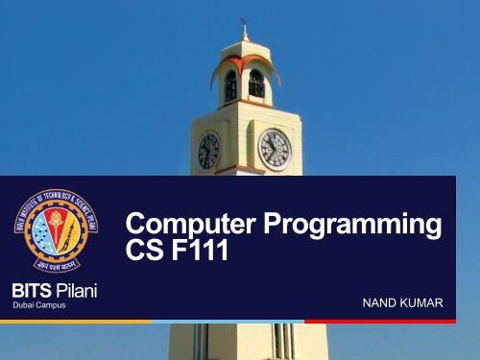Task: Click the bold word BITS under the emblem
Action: [x=31, y=290]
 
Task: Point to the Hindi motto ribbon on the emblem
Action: [x=51, y=265]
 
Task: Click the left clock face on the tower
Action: [x=208, y=152]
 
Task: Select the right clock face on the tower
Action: [x=275, y=150]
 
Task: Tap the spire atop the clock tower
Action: [x=245, y=31]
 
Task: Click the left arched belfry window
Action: [x=230, y=86]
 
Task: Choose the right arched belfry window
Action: [x=256, y=84]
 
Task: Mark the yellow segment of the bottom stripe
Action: [x=77, y=321]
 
